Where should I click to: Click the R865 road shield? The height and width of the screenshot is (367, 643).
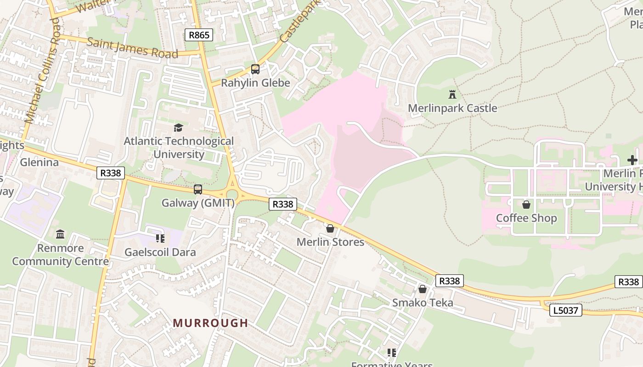pos(199,35)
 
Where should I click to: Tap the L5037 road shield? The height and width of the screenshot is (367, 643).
pos(565,311)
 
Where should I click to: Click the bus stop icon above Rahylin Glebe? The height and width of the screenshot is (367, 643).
pos(255,69)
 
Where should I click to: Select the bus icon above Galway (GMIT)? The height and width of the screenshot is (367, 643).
pos(198,189)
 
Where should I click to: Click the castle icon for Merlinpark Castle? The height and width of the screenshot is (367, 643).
pos(452,95)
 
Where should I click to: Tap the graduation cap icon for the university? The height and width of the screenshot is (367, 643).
pos(178,128)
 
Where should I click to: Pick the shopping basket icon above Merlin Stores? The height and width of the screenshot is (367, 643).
pos(330,228)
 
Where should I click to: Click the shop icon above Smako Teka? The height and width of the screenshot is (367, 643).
pos(423,289)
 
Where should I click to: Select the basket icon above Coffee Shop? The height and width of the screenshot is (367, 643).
pos(526,204)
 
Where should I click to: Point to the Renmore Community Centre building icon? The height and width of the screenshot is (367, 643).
pos(60,234)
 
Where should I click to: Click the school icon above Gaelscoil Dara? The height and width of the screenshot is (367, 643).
pos(160,238)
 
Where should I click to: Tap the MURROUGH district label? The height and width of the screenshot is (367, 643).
pos(210,323)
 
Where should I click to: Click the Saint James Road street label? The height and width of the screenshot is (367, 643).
pos(132,48)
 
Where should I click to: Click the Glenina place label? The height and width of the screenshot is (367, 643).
pos(39,162)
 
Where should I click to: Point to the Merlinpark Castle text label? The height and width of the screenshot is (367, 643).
pos(452,108)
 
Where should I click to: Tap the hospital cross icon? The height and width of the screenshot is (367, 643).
pos(632,160)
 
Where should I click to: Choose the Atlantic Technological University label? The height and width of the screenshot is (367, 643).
pos(179,148)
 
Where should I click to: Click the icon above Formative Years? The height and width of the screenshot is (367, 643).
pos(391,353)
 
